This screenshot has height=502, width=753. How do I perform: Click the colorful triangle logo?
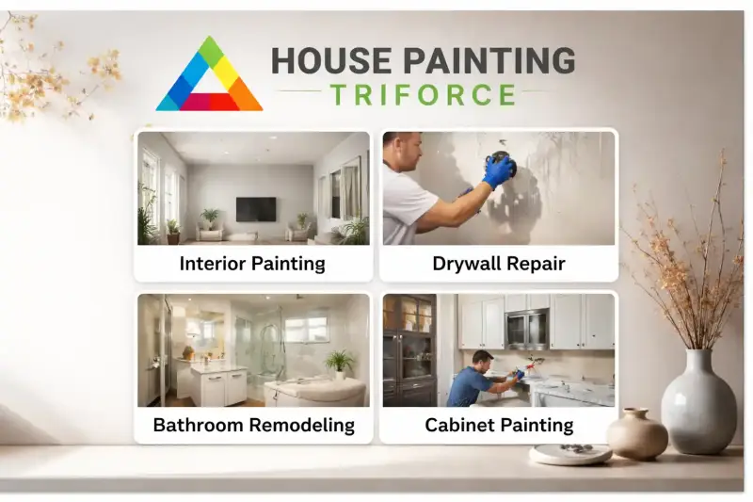[x=209, y=77]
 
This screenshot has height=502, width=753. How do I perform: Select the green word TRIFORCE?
[x=423, y=94]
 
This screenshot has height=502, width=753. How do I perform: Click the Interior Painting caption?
[x=252, y=264]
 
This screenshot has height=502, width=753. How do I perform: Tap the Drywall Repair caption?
[x=499, y=264]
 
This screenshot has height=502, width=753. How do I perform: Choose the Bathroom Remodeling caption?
[x=253, y=425]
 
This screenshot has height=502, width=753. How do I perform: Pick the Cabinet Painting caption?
[x=499, y=425]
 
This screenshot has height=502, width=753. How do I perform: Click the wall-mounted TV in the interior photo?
[x=256, y=208]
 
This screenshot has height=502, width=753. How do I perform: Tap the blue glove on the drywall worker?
[x=498, y=170]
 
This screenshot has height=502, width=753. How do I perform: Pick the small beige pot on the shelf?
[x=636, y=434]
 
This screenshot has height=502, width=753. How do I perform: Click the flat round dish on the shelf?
[x=570, y=454]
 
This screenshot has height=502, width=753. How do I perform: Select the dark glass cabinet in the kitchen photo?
[x=409, y=348]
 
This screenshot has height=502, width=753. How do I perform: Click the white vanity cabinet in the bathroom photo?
[x=214, y=385]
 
